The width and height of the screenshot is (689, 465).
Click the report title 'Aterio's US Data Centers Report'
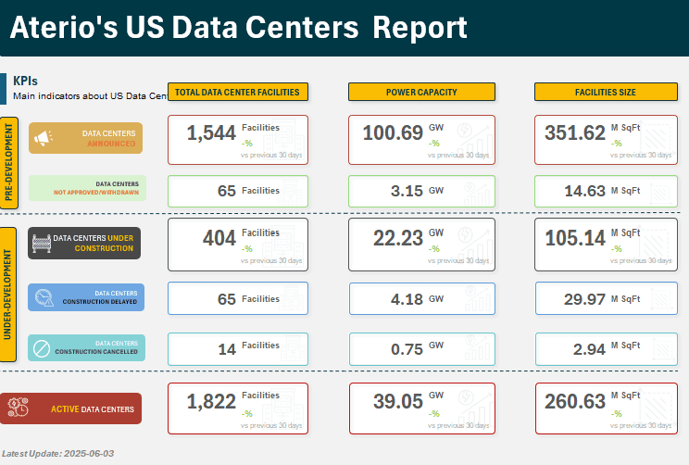[239, 28]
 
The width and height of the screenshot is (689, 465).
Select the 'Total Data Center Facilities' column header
[237, 92]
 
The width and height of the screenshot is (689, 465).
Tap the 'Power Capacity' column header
[421, 92]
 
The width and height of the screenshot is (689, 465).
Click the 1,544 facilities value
[211, 133]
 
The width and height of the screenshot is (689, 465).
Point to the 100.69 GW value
[393, 133]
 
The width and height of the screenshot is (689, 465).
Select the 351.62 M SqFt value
[574, 133]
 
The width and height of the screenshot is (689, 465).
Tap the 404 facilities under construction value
[219, 239]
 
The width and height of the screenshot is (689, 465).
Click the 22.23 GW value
[398, 239]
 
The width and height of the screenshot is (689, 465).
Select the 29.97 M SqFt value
[584, 299]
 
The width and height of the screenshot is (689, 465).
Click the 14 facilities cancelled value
[227, 349]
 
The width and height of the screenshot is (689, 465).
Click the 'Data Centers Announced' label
[85, 138]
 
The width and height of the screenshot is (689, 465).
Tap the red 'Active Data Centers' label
[85, 408]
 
